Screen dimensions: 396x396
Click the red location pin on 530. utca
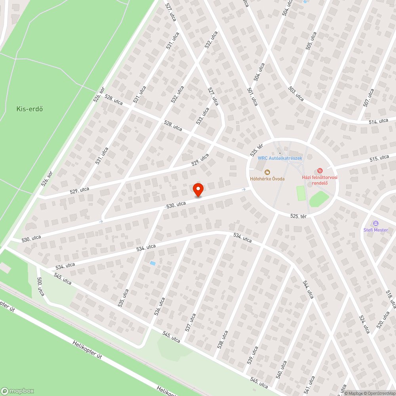(198, 190)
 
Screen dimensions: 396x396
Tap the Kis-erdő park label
(30, 109)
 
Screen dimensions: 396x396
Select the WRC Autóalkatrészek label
(280, 158)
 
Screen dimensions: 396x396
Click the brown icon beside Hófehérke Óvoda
(267, 172)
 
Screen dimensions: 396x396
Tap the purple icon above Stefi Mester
(375, 223)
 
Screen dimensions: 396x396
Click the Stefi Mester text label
(375, 230)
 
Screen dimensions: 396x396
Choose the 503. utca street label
(296, 94)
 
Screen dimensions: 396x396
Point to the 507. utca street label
(368, 97)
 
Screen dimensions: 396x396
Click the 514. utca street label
(378, 121)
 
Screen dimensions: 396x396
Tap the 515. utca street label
(379, 158)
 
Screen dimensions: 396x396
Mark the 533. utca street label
(203, 116)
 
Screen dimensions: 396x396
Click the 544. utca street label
(307, 289)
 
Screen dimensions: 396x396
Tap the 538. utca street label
(223, 339)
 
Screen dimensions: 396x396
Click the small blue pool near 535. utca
(153, 263)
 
